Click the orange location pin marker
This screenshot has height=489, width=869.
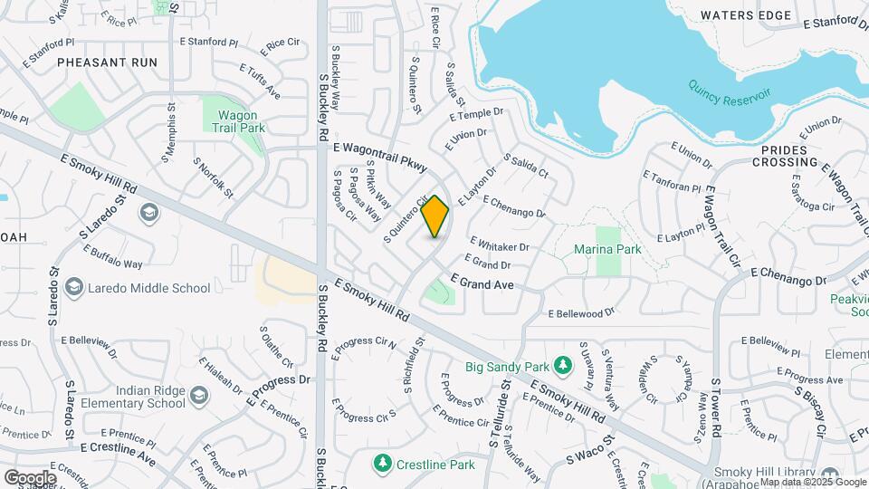coord(435,216)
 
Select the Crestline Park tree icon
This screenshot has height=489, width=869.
coord(383,464)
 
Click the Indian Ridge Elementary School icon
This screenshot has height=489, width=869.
coord(198,394)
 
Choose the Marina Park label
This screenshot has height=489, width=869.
coord(607,249)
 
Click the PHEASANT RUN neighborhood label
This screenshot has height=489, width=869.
coord(107,62)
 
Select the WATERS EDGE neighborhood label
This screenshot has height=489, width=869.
coord(746,15)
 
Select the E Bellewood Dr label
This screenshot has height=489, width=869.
coord(581,313)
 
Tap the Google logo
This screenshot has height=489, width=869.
coord(30,477)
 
